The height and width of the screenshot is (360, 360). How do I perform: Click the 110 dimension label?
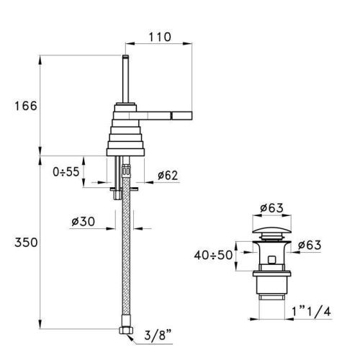[160, 37]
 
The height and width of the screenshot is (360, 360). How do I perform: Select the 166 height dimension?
[26, 106]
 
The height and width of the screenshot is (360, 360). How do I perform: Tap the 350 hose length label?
[26, 243]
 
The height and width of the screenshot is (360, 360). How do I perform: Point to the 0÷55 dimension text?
[66, 171]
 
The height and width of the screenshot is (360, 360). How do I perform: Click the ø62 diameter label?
[168, 175]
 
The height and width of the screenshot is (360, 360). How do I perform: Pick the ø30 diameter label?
[83, 221]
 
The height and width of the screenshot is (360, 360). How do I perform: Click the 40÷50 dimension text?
[213, 255]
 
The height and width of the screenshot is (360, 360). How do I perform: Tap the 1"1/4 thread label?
[311, 312]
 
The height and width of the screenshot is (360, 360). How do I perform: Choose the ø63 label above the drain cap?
[271, 208]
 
